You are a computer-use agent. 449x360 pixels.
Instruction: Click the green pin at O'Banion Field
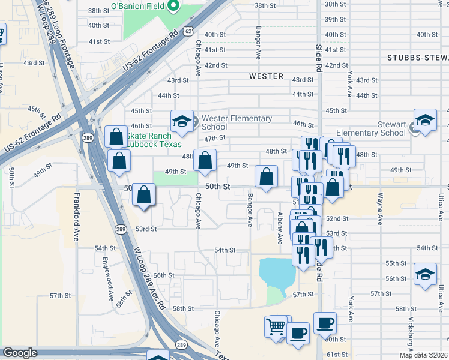173,6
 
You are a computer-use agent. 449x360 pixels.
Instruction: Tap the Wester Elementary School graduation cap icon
181,121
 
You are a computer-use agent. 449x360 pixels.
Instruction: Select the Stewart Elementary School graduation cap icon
424,120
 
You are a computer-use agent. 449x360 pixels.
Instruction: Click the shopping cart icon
276,326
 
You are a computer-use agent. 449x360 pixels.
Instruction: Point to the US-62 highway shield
189,30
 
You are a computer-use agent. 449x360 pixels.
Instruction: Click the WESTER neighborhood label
266,76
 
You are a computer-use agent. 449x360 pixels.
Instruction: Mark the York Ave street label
349,83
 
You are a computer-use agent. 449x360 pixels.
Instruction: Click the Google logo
20,353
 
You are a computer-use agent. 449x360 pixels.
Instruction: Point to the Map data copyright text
424,355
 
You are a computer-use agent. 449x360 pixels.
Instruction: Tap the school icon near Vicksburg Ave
424,274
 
